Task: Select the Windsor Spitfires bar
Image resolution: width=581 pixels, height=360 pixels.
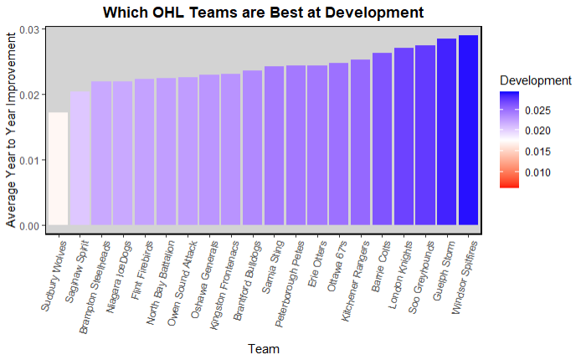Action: tap(468, 131)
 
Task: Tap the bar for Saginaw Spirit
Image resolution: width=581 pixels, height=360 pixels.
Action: tap(80, 158)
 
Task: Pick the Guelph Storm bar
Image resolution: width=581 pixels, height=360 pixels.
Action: tap(446, 132)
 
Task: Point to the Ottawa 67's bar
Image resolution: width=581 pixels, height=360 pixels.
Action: tap(338, 144)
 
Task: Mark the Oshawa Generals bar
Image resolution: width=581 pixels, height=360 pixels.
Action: tap(209, 150)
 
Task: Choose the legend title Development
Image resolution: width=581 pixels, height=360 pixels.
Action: tap(535, 80)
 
